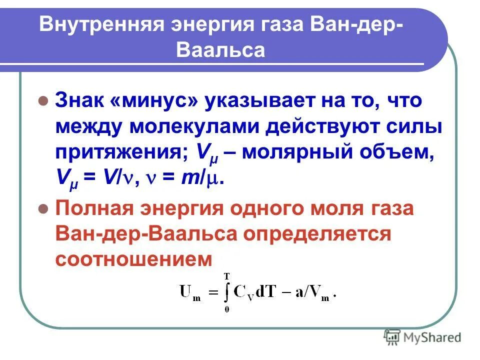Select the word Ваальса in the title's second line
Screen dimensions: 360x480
click(x=220, y=50)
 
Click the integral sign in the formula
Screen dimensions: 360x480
click(x=227, y=292)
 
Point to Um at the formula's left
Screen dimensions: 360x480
click(x=190, y=293)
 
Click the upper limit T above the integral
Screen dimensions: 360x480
click(x=227, y=275)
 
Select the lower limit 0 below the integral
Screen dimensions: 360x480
click(x=227, y=309)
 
